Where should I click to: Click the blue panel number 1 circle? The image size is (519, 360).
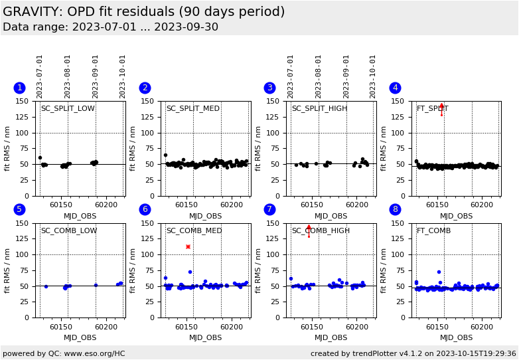(x=19, y=88)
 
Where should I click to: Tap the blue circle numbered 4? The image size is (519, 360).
(x=395, y=88)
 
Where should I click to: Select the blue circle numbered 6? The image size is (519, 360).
(x=145, y=209)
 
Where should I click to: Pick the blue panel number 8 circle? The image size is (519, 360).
(x=395, y=209)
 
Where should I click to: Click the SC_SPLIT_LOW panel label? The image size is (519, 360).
(x=68, y=109)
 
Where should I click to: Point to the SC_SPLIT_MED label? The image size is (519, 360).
(x=192, y=109)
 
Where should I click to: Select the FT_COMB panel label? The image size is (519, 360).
(x=433, y=230)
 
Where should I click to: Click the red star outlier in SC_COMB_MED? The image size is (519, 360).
(x=188, y=246)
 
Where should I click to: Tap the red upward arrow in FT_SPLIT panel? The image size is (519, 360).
(x=441, y=106)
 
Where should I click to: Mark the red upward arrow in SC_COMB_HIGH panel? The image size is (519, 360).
(x=309, y=228)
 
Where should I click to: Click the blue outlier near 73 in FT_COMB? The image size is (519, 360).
(x=439, y=272)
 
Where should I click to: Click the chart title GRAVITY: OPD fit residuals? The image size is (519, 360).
(x=143, y=12)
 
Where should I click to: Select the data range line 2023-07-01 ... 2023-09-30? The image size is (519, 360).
(x=110, y=27)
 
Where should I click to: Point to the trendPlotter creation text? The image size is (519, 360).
(x=413, y=353)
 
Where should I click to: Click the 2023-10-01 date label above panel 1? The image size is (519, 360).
(x=123, y=76)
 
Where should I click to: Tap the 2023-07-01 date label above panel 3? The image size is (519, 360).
(x=291, y=76)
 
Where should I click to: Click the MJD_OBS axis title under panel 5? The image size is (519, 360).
(x=80, y=337)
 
